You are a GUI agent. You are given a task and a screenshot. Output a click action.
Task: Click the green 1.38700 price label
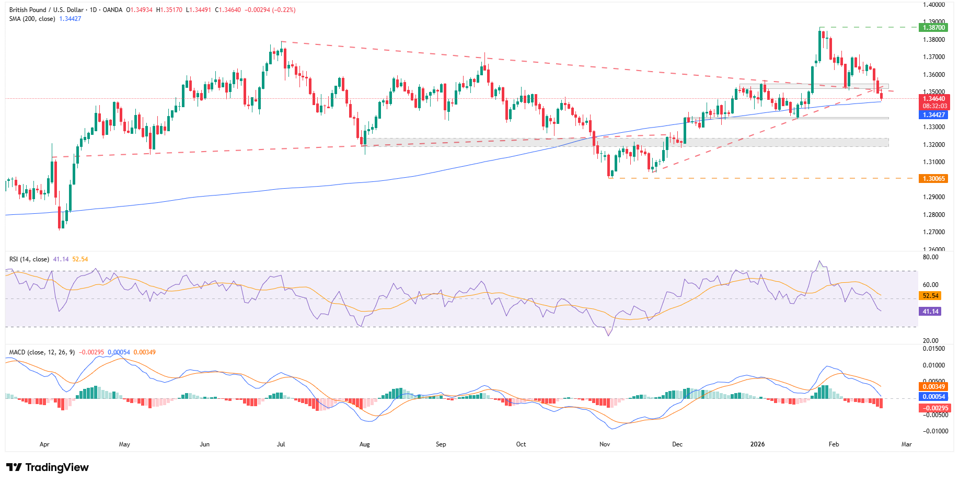[933, 28]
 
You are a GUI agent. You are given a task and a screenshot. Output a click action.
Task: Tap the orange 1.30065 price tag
[933, 179]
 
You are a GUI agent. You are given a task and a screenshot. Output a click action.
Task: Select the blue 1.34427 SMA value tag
[933, 115]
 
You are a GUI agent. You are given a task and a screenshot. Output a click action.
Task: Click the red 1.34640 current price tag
[933, 99]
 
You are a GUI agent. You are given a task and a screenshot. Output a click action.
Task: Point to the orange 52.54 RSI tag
[930, 296]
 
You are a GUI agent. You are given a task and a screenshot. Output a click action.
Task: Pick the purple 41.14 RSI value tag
[930, 312]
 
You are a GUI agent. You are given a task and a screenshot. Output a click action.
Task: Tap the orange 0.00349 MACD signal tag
[933, 387]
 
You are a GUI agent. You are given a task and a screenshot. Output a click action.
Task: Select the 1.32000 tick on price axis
[933, 145]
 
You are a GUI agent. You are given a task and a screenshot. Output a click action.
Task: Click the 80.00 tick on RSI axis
[930, 257]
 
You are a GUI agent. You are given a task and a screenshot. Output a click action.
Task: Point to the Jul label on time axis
[281, 444]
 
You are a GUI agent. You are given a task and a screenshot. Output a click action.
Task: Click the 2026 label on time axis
[757, 444]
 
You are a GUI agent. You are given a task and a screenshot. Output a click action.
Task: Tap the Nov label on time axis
[605, 444]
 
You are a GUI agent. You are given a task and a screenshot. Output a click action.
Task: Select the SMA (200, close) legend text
[32, 19]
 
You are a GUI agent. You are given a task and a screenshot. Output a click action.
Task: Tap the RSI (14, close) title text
[29, 259]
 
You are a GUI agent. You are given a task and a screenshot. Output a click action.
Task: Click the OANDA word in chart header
[112, 10]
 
